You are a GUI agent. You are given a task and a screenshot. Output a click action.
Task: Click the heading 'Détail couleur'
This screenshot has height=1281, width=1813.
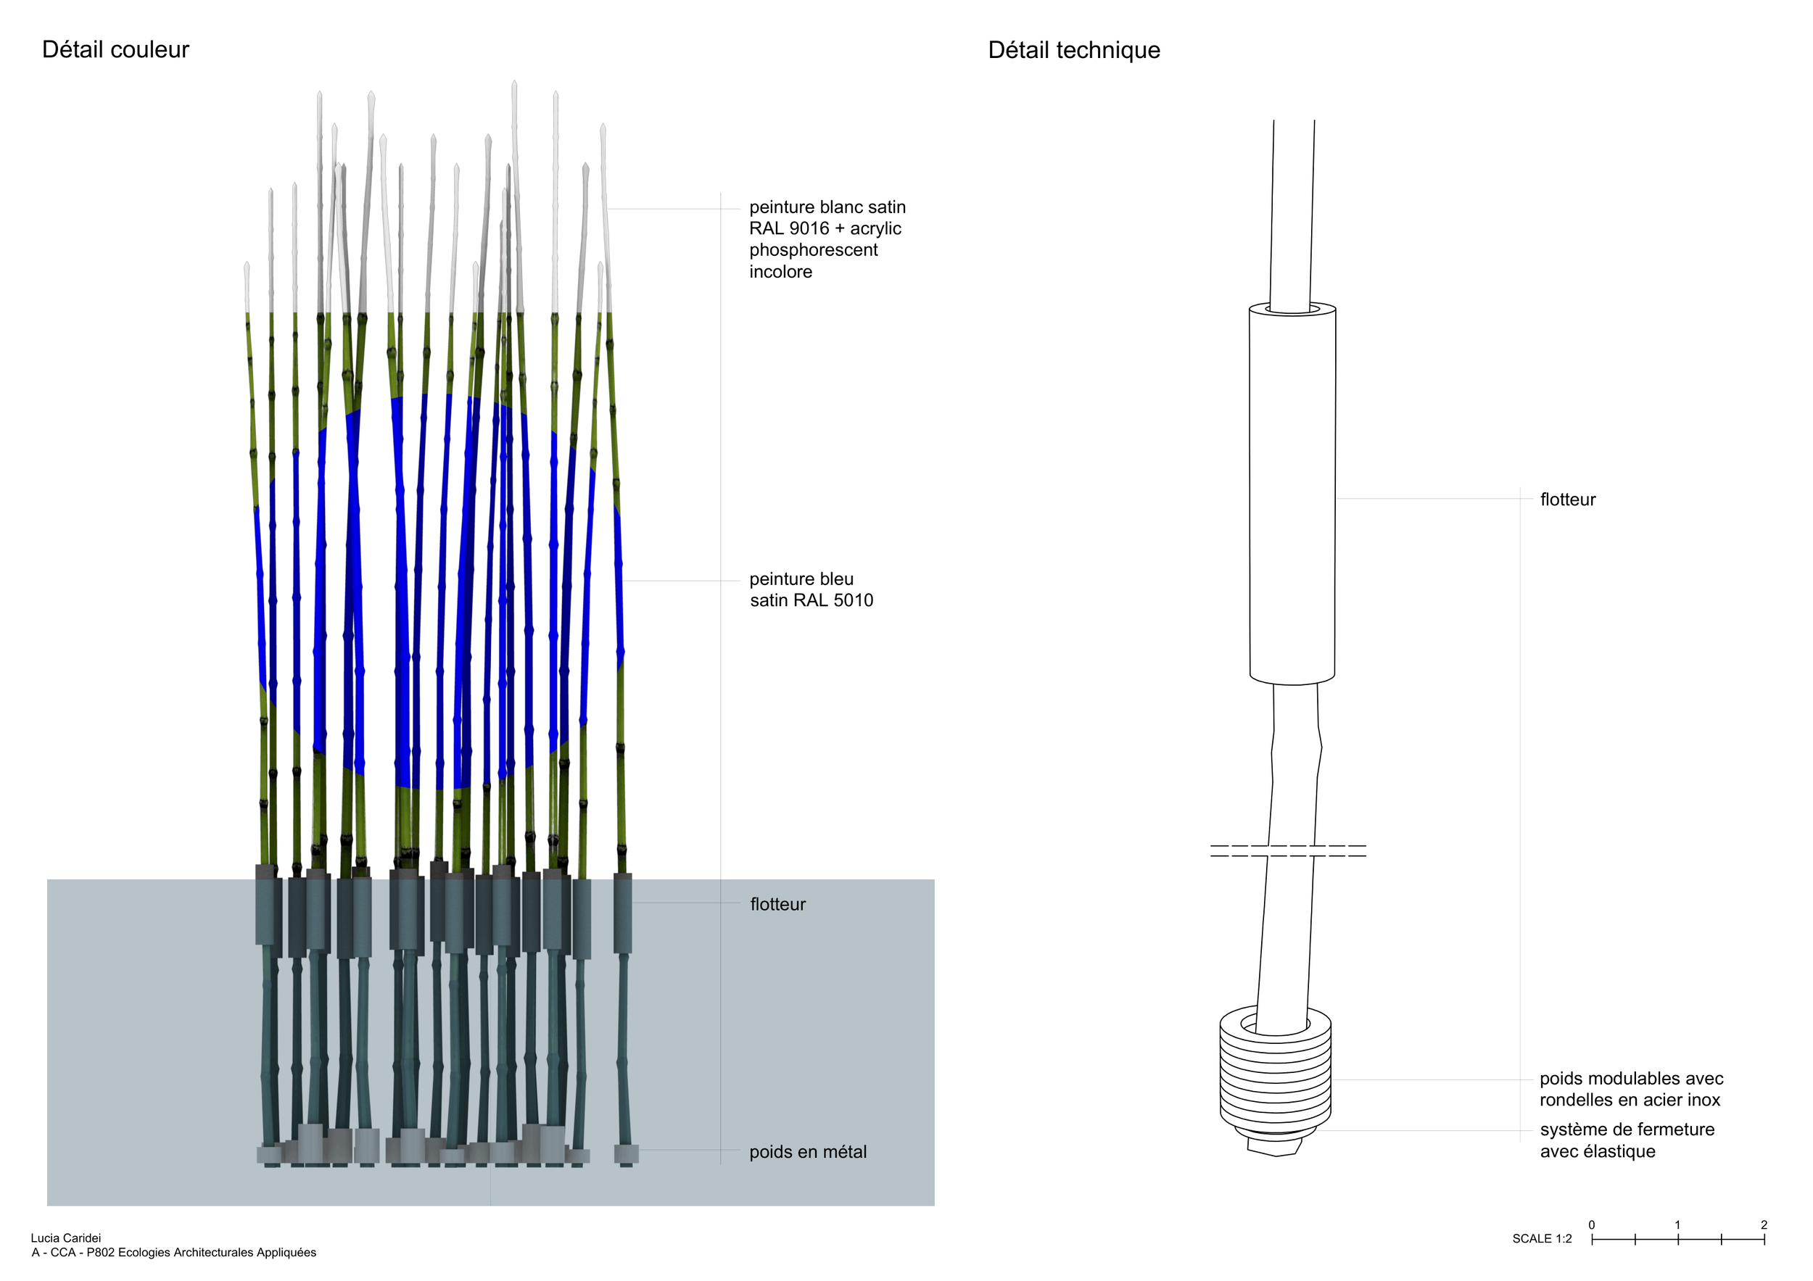point(115,50)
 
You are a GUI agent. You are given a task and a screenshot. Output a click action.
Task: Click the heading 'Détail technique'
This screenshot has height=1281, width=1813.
point(1074,51)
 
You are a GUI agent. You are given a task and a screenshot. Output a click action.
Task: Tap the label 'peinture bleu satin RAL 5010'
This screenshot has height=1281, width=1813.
point(811,589)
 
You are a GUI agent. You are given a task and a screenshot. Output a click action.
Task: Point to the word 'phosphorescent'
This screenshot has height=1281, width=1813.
point(814,250)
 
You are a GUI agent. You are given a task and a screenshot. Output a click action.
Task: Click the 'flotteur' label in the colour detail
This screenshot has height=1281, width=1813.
point(778,904)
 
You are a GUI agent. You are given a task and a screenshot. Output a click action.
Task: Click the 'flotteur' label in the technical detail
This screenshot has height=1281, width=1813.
point(1567,499)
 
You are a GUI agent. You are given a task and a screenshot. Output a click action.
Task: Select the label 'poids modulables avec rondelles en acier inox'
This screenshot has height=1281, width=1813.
point(1632,1089)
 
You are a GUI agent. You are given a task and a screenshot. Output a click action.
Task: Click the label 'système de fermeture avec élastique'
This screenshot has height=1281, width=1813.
point(1627,1140)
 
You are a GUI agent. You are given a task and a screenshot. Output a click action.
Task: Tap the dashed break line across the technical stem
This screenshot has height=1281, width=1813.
point(1288,851)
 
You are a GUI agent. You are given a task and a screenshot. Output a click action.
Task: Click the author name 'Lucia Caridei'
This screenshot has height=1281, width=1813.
point(65,1238)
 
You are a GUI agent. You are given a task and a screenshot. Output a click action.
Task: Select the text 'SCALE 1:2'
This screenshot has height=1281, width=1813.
point(1543,1239)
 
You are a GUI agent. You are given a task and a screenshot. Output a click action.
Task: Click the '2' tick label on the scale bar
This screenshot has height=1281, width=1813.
point(1764,1225)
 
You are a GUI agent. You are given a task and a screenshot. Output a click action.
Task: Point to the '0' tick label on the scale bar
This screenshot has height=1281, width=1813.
point(1592,1225)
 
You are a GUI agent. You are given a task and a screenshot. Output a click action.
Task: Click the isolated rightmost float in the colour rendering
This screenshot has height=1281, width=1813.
point(622,913)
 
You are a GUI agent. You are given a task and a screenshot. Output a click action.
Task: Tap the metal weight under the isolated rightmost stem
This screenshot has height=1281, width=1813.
point(626,1154)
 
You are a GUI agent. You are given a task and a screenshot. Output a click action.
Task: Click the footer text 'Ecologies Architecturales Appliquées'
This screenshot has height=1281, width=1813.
point(217,1253)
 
